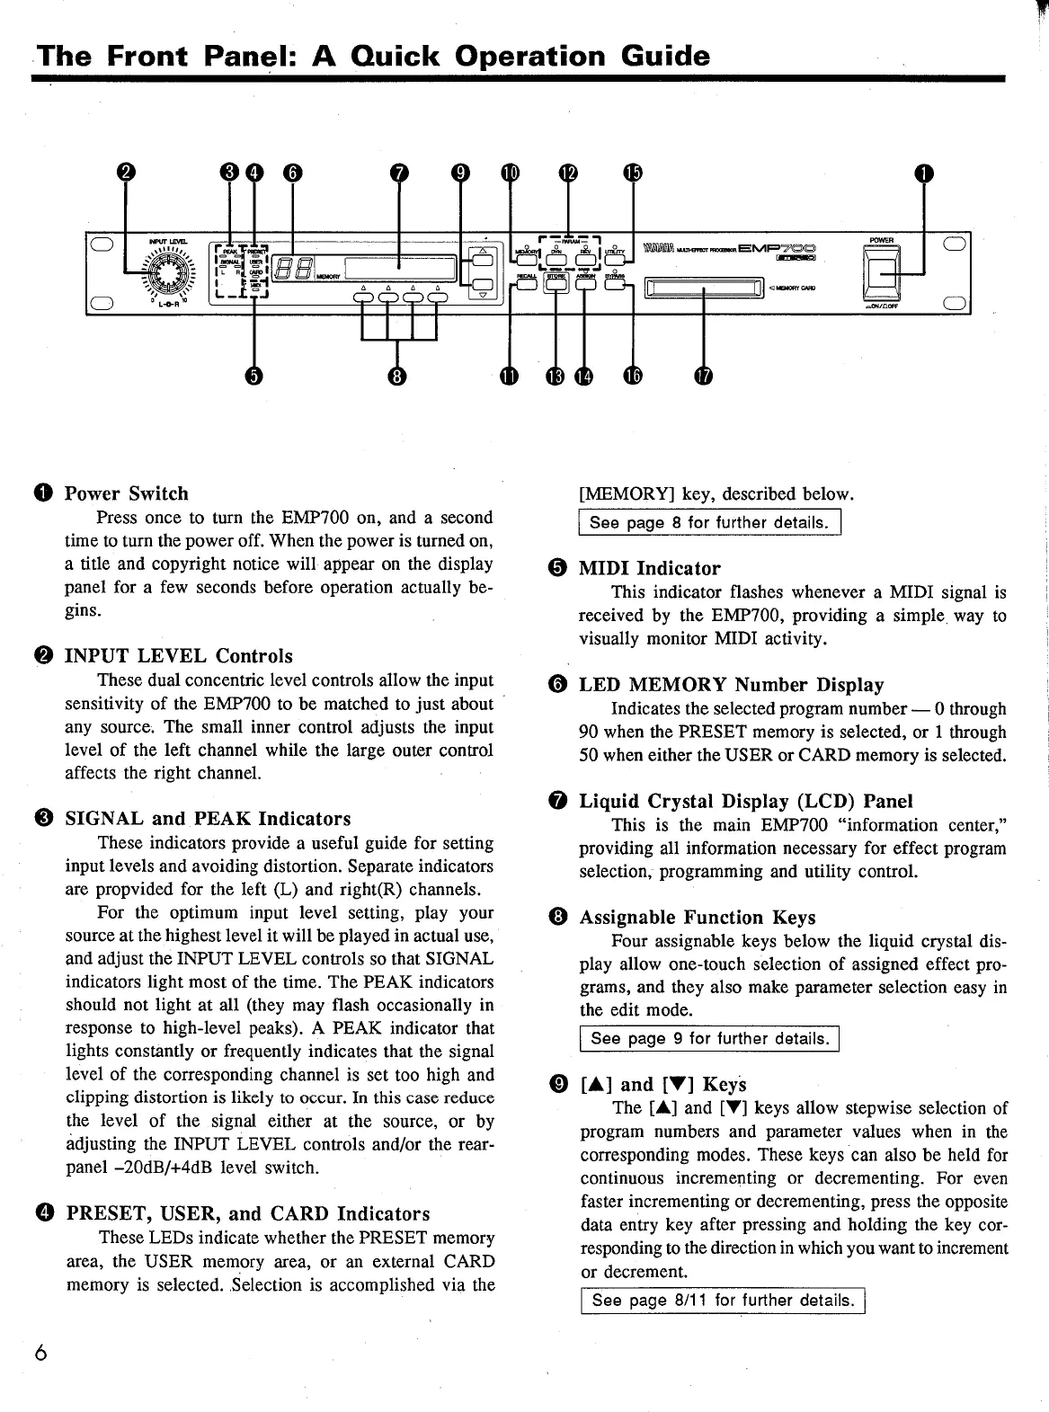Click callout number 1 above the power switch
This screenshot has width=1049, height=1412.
[x=922, y=173]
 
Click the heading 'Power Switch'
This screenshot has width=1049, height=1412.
[x=127, y=493]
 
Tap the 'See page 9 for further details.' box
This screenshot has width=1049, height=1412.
[x=709, y=1039]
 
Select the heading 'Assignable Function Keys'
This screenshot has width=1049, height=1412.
[x=697, y=918]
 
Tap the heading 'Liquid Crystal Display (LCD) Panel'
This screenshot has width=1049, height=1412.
[x=745, y=801]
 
